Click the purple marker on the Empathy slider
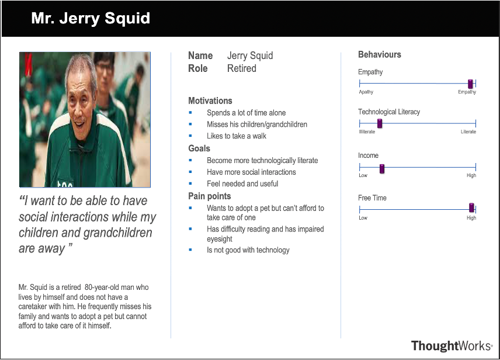click(x=470, y=84)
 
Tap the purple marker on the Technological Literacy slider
click(x=380, y=123)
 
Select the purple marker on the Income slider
click(x=381, y=169)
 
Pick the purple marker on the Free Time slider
click(x=471, y=208)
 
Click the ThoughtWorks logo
click(x=452, y=345)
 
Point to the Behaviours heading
click(x=380, y=54)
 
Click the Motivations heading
click(x=210, y=101)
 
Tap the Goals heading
click(x=199, y=148)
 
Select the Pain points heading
click(x=210, y=196)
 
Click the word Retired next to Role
click(x=242, y=68)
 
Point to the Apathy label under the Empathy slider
click(x=366, y=92)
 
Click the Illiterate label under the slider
click(x=367, y=131)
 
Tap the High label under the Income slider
click(x=471, y=175)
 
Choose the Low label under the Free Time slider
click(x=363, y=217)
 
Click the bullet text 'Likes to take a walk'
click(x=237, y=136)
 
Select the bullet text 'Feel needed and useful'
click(x=242, y=184)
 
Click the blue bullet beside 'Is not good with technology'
click(x=190, y=250)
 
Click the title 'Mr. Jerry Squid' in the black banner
click(x=91, y=18)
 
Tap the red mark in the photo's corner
click(x=28, y=63)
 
